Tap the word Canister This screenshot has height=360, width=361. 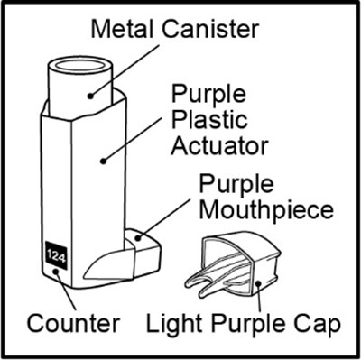point(210,29)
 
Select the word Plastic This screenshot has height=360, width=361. point(209,121)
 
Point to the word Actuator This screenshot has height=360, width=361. point(219,146)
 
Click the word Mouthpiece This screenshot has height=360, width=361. point(266,210)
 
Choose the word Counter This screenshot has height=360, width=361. point(73,323)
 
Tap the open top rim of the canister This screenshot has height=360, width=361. point(79,65)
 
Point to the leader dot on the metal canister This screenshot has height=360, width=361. point(90,97)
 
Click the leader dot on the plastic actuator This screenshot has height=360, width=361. point(103,162)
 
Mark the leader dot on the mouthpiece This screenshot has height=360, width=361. point(138,238)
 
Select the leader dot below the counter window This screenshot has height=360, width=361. point(55,272)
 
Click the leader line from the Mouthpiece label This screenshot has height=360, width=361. point(163,218)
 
